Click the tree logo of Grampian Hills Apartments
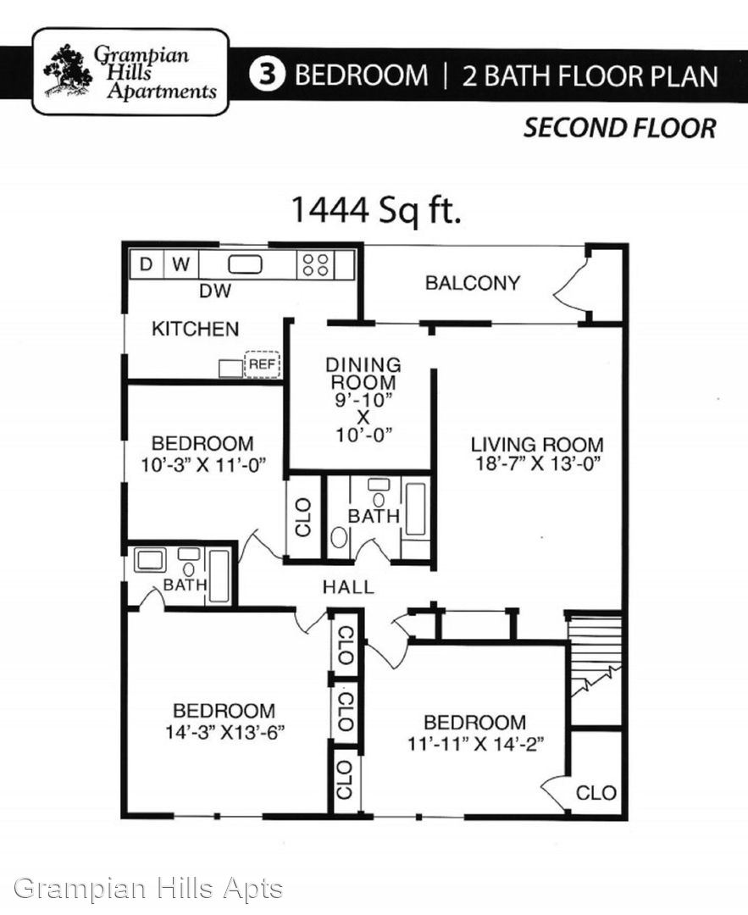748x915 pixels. click(68, 70)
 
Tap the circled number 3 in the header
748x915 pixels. click(267, 75)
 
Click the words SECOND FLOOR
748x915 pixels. click(619, 129)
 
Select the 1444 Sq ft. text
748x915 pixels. click(376, 209)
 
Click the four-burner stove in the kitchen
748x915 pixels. click(316, 265)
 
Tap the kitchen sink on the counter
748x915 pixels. click(245, 265)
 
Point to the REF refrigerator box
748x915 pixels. click(262, 364)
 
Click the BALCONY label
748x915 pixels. click(473, 283)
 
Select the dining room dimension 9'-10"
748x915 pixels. click(363, 400)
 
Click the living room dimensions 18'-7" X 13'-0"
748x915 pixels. click(537, 464)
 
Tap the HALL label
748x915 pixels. click(348, 587)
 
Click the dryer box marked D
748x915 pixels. click(147, 264)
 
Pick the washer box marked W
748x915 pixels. click(181, 264)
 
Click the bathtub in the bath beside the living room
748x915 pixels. click(415, 509)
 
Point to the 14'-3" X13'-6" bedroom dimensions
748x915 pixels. click(224, 732)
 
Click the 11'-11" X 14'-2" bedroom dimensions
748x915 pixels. click(475, 744)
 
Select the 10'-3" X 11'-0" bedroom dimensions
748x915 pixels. click(203, 465)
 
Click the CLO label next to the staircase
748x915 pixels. click(596, 792)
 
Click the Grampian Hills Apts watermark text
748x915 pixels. click(148, 889)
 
